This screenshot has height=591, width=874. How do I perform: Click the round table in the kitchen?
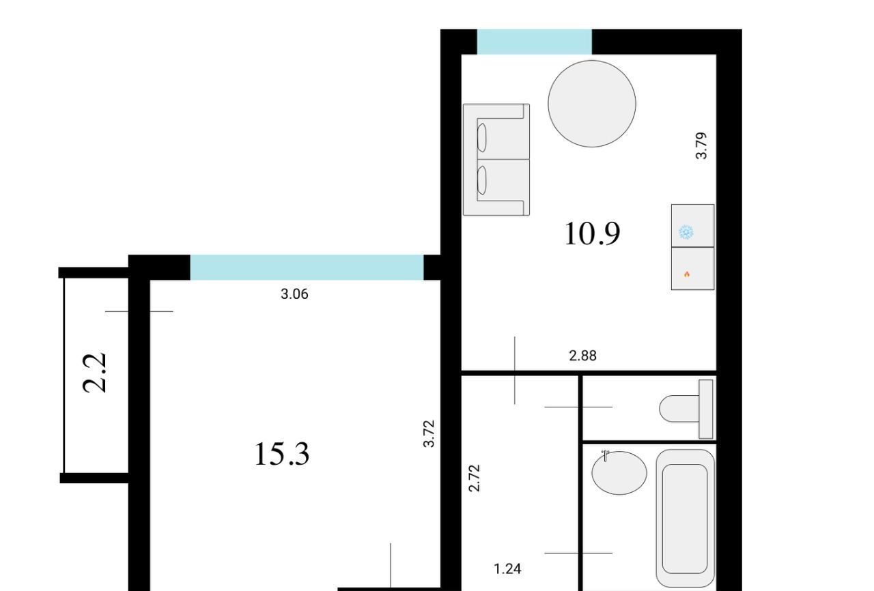(x=592, y=104)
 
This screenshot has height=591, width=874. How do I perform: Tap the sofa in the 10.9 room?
(x=496, y=160)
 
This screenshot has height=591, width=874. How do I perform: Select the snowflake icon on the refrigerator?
(x=686, y=232)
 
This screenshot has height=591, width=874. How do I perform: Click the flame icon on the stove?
(x=687, y=274)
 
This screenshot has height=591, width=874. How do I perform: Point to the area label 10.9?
(x=592, y=234)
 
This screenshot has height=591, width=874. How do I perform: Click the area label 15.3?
(x=282, y=454)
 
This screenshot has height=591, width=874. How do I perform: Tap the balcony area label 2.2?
(x=95, y=373)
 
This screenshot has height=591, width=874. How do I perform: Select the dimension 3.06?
(x=294, y=294)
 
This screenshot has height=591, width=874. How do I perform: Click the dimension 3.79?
(x=701, y=145)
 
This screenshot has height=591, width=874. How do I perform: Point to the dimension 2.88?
(x=583, y=356)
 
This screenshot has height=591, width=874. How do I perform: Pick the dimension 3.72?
(x=429, y=433)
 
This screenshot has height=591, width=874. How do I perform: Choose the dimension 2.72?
(x=474, y=478)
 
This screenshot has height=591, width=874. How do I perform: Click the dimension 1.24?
(x=507, y=568)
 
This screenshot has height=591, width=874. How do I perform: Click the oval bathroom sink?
(x=619, y=473)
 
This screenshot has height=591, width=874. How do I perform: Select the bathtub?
(x=685, y=518)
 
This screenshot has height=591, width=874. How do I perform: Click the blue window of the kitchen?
(x=534, y=42)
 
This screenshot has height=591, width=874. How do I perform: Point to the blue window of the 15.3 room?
(x=307, y=268)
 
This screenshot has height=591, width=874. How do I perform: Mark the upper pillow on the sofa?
(x=482, y=138)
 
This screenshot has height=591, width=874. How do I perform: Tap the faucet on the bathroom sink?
(x=605, y=455)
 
